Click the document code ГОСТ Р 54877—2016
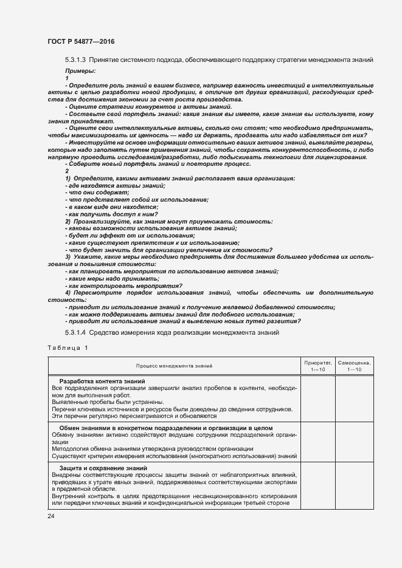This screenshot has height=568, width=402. pyautogui.click(x=80, y=41)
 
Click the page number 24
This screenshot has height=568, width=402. pyautogui.click(x=51, y=516)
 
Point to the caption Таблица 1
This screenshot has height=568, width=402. pyautogui.click(x=68, y=347)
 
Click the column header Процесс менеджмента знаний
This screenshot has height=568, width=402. pyautogui.click(x=175, y=366)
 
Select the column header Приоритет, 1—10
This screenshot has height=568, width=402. pyautogui.click(x=318, y=366)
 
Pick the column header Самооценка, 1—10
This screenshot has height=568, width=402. pyautogui.click(x=355, y=366)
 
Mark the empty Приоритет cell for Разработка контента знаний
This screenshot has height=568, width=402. pyautogui.click(x=318, y=399)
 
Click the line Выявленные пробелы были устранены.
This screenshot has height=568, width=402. pyautogui.click(x=108, y=402)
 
